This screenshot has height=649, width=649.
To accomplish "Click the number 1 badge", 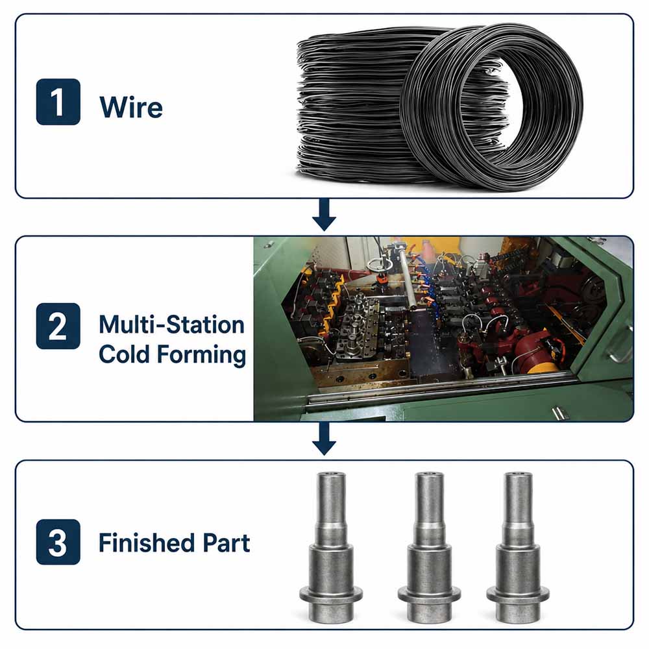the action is pyautogui.click(x=58, y=101).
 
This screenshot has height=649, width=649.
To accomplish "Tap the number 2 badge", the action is pyautogui.click(x=58, y=326).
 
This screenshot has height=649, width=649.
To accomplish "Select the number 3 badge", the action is pyautogui.click(x=58, y=542).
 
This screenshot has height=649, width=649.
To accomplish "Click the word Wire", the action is pyautogui.click(x=131, y=107).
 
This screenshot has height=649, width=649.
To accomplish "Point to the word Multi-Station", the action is pyautogui.click(x=172, y=324).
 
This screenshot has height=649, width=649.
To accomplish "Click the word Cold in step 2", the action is pyautogui.click(x=124, y=354).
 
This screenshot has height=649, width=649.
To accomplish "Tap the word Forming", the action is pyautogui.click(x=202, y=356).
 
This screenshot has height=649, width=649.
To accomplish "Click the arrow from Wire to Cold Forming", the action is pyautogui.click(x=324, y=214).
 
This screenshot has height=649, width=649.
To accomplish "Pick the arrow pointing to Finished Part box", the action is pyautogui.click(x=324, y=439).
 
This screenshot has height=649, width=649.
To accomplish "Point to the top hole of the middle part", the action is pyautogui.click(x=429, y=474).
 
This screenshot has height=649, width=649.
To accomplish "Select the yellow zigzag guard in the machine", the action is pyautogui.click(x=334, y=300).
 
